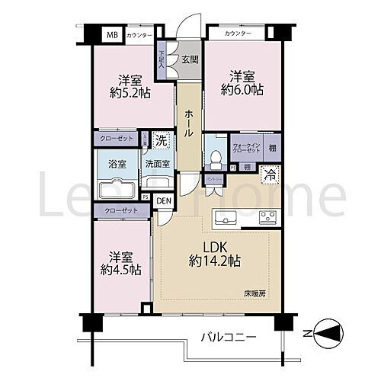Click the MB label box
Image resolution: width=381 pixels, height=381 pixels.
click(112, 35)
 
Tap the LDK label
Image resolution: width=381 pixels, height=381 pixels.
click(214, 247)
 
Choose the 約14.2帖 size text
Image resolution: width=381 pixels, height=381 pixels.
click(215, 261)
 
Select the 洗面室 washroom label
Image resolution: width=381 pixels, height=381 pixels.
click(157, 162)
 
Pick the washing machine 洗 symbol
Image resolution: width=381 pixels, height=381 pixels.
click(161, 139)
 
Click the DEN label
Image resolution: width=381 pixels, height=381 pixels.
click(164, 200)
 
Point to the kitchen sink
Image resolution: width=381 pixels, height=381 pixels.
click(227, 217)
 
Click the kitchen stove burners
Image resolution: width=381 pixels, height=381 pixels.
click(267, 217)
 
